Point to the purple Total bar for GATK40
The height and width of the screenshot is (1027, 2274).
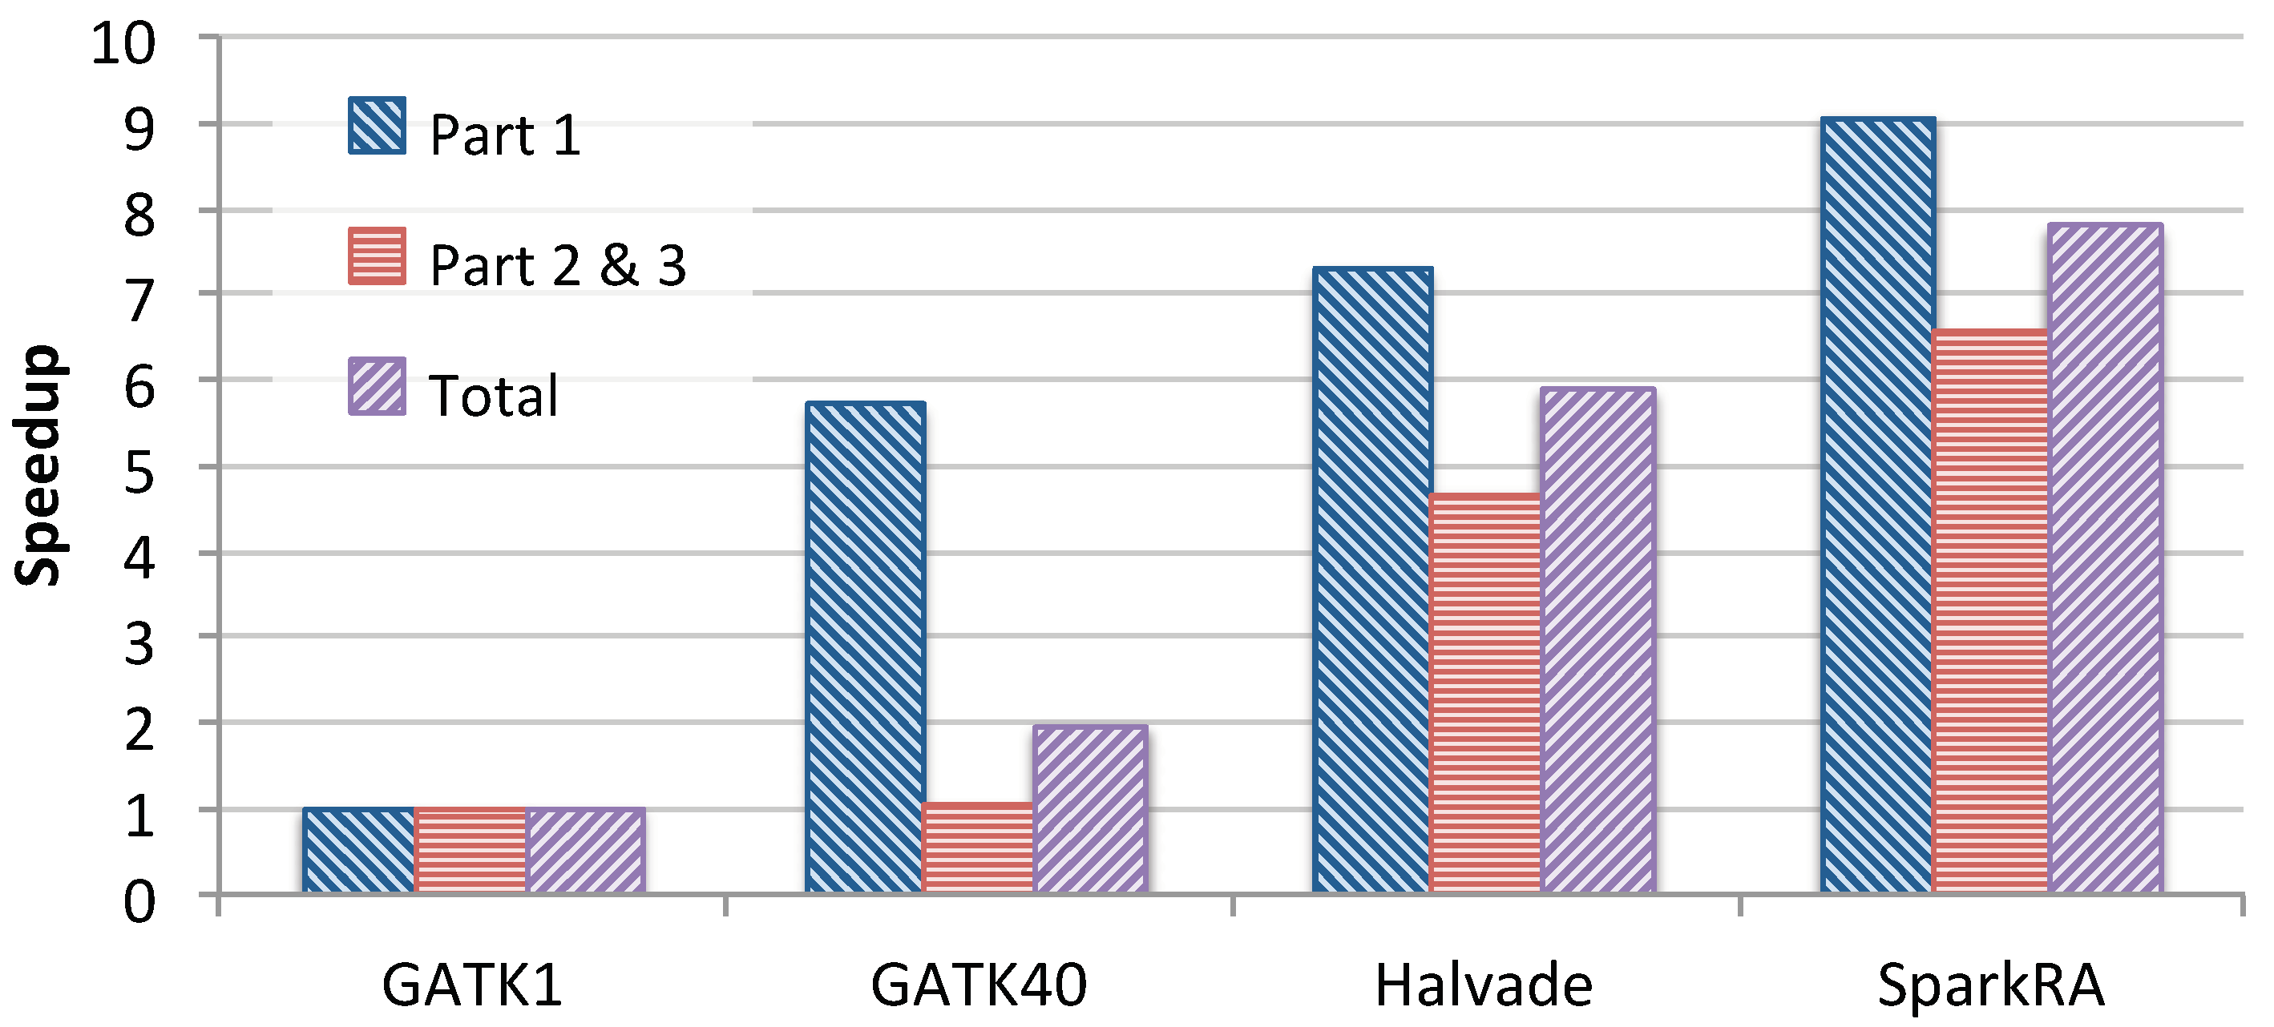click(x=1089, y=809)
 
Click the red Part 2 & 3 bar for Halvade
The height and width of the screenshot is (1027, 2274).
click(x=1484, y=694)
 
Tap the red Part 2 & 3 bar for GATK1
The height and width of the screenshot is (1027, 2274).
click(x=471, y=851)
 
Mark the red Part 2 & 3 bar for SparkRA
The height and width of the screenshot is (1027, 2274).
click(x=1989, y=611)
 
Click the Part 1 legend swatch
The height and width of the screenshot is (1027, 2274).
click(x=377, y=126)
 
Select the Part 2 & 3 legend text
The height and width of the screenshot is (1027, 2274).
click(x=557, y=264)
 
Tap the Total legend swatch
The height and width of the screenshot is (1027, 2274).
click(x=377, y=385)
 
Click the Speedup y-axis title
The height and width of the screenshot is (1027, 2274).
click(x=38, y=465)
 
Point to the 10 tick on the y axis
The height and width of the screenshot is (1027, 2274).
click(x=123, y=42)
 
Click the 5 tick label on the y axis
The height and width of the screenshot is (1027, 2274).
click(x=139, y=472)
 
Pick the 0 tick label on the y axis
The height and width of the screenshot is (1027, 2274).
click(x=139, y=904)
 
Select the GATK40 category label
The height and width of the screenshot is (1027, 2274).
click(x=977, y=985)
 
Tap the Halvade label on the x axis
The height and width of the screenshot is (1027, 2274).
click(x=1483, y=985)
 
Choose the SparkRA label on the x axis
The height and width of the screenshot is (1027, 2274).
click(x=1989, y=985)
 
